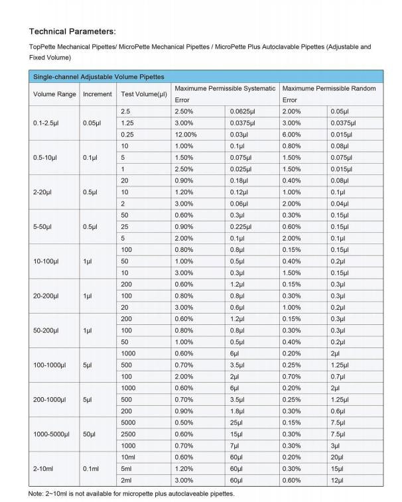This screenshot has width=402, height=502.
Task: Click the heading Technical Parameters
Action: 73,31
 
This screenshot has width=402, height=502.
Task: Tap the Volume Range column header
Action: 54,94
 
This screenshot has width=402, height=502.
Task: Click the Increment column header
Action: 98,94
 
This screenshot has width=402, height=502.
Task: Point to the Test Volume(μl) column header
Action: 144,94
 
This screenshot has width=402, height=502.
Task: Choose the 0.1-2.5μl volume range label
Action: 48,123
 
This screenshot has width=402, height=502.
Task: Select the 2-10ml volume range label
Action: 46,468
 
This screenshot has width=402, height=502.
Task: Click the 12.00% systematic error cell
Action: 186,135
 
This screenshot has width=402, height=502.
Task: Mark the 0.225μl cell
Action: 242,227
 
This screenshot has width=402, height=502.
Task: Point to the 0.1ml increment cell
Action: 92,468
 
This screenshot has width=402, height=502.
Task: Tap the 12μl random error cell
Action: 338,479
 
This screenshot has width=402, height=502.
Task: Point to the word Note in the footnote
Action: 35,493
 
